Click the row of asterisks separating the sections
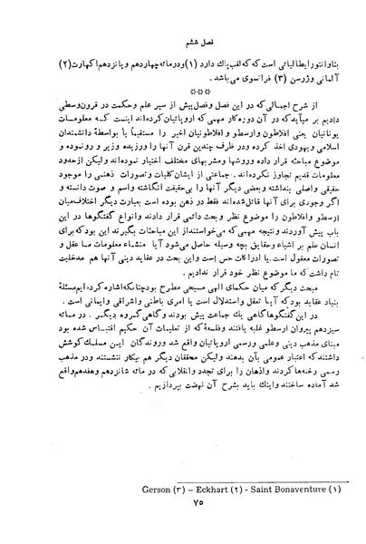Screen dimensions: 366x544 (182, 95)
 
